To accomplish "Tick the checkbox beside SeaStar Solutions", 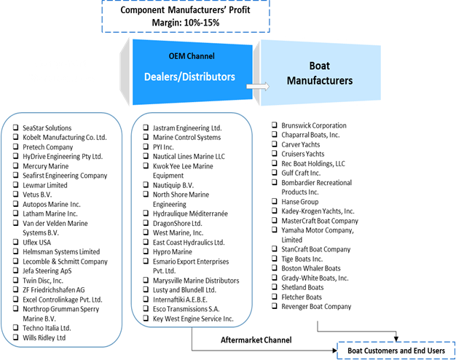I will [15, 128].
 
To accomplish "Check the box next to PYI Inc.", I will [146, 146].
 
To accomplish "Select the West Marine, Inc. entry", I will [178, 232].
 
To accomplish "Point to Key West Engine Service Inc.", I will [192, 318].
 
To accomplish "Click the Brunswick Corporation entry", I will [313, 125].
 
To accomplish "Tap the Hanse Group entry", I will [300, 201].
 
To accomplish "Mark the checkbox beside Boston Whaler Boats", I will [274, 268].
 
